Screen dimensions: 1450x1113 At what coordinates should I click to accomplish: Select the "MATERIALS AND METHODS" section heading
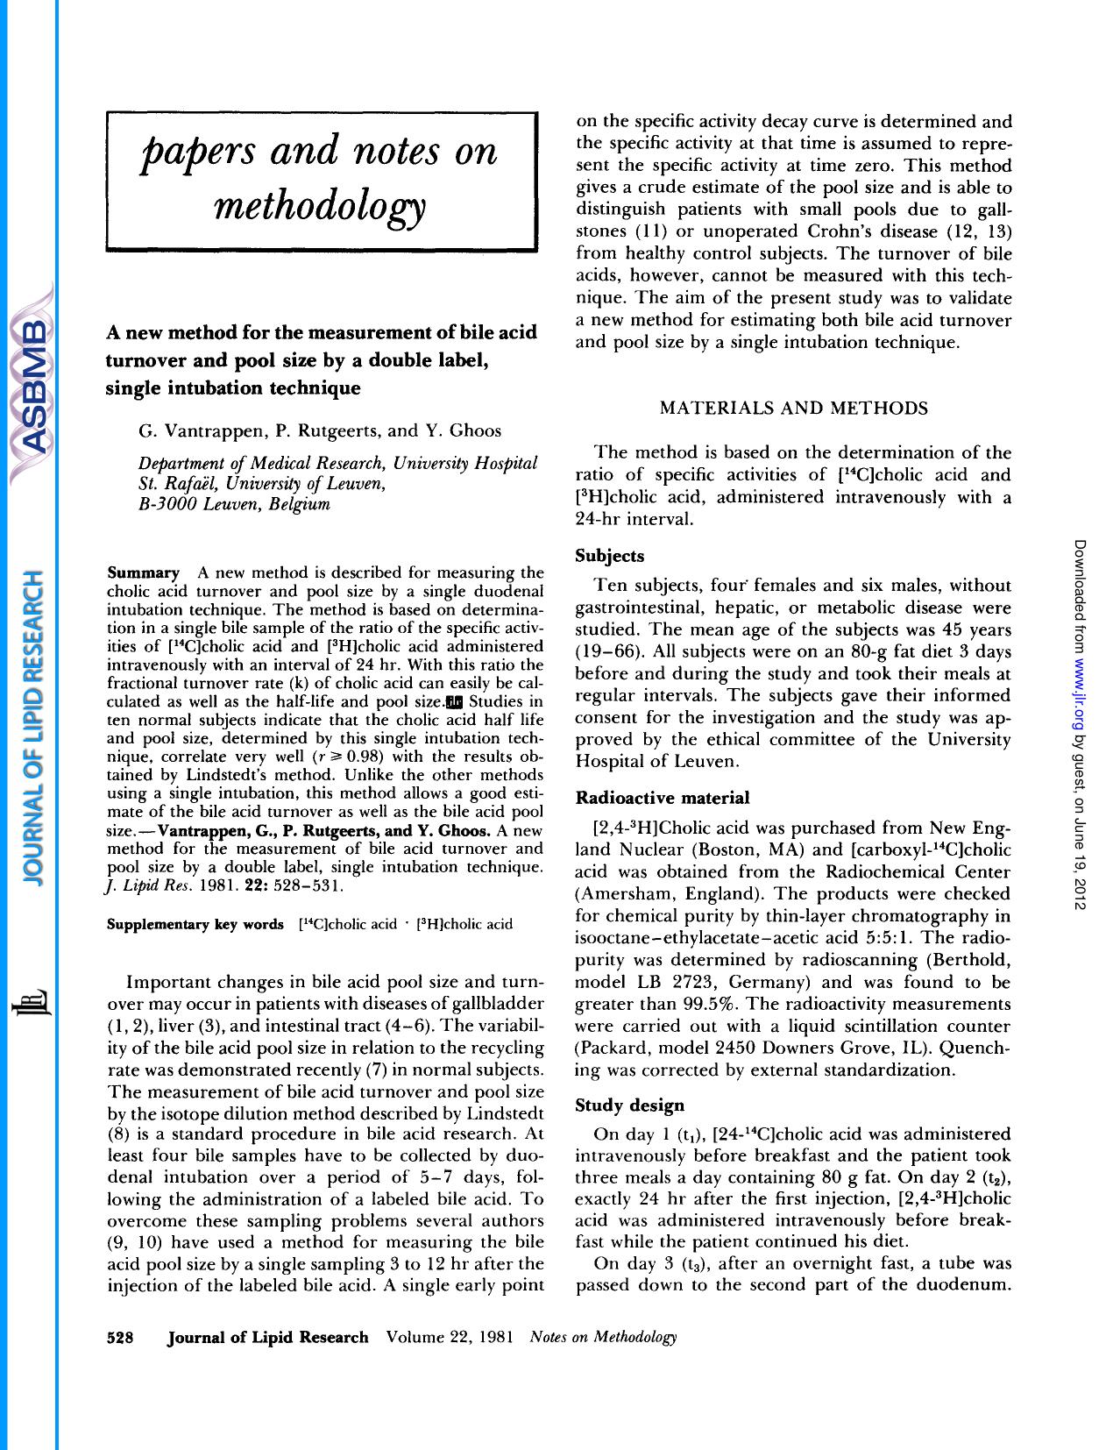click(x=793, y=409)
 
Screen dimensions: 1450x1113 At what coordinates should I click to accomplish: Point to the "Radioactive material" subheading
click(x=662, y=798)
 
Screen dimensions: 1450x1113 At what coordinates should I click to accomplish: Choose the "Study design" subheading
click(x=629, y=1105)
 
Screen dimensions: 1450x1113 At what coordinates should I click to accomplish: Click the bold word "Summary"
click(x=142, y=573)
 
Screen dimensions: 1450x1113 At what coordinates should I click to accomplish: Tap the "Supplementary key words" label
click(x=195, y=924)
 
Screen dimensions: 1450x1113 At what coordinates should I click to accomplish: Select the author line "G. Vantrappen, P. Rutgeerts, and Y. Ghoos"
click(x=320, y=430)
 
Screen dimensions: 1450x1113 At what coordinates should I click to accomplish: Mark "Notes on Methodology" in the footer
click(x=604, y=1337)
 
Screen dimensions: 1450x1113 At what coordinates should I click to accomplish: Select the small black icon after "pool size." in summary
click(x=454, y=701)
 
